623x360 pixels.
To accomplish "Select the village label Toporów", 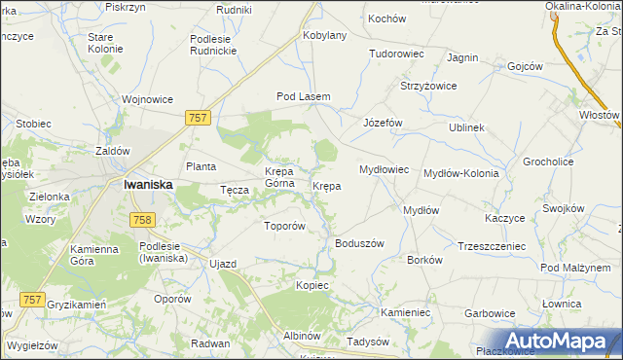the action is (285, 226).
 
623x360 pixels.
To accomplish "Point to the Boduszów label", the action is (360, 243).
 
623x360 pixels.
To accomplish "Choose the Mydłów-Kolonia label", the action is (461, 173).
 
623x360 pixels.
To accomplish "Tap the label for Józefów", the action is (383, 124).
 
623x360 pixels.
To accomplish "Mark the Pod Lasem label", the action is (304, 96).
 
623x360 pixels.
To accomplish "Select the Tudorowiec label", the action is (396, 54).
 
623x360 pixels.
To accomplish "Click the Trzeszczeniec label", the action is (491, 246).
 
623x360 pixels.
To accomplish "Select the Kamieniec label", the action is (405, 312).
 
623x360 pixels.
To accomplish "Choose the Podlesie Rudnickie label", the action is (220, 45).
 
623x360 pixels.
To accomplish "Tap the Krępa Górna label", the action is (285, 178).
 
